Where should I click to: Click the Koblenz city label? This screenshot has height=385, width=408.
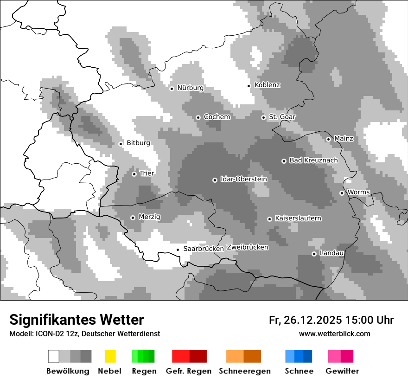pos(267,85)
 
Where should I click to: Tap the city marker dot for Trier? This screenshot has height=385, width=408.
pos(134,174)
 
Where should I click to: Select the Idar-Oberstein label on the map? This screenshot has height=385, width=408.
pos(243,179)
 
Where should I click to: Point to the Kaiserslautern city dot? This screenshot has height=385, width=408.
pos(269,219)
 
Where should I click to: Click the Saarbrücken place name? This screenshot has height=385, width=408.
pos(204,249)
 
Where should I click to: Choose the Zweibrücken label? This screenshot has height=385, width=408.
pos(247,247)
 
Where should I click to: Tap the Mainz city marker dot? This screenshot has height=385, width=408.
pos(328,139)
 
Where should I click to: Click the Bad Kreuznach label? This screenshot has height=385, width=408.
pos(313,160)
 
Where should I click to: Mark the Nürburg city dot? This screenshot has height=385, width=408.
pos(172,89)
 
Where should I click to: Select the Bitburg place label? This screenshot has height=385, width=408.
pos(138,143)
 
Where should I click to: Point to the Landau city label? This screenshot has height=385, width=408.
pos(331,253)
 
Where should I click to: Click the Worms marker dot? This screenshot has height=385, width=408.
pos(342,193)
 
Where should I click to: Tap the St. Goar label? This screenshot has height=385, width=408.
pos(282,117)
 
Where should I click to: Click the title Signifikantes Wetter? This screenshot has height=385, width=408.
pos(76,320)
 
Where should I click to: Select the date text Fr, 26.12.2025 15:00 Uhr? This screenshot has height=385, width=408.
pos(331,320)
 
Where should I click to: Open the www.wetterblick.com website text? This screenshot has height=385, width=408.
pos(334,334)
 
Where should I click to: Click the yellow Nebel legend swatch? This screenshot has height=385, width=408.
pos(110,356)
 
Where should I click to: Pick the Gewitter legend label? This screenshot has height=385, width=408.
pos(342,371)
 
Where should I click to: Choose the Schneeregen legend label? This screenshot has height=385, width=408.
pos(245,371)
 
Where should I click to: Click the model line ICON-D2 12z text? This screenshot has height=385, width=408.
pos(84,334)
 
